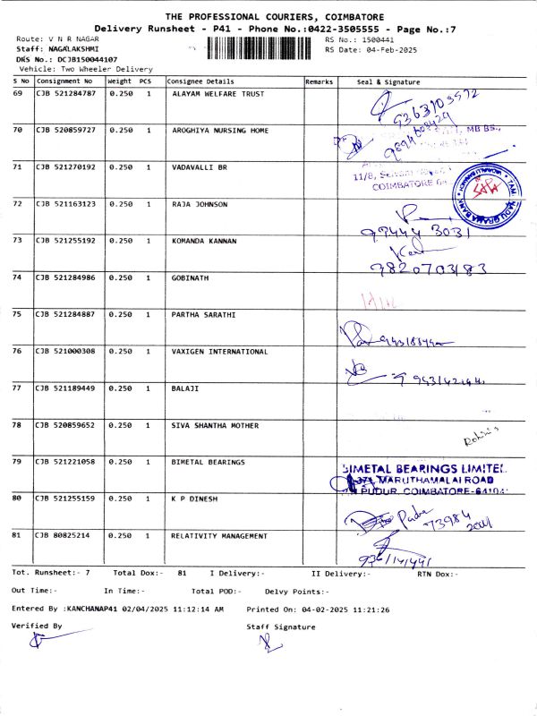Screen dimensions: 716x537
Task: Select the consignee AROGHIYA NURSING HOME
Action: [220, 131]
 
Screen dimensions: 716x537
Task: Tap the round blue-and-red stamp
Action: [486, 192]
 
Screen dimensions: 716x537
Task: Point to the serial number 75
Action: [18, 314]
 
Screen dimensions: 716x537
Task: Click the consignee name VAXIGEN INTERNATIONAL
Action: [220, 352]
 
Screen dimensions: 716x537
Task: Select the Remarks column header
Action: [319, 81]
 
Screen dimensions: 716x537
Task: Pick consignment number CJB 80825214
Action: [64, 536]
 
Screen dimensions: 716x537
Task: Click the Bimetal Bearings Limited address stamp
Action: [426, 480]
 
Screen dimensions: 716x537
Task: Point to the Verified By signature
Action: [36, 639]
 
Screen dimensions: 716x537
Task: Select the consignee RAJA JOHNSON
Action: [200, 204]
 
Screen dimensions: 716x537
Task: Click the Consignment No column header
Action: [64, 81]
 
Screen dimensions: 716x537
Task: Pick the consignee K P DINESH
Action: [194, 499]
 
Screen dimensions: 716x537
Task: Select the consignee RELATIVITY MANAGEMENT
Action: [219, 536]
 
